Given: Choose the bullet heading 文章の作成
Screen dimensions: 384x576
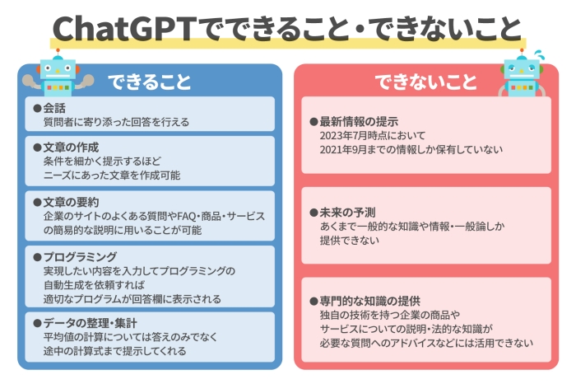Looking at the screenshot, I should pos(71,147).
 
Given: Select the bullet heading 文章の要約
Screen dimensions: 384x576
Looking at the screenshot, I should pos(71,202).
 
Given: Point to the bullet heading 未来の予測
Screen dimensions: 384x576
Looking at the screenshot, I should pos(346,211).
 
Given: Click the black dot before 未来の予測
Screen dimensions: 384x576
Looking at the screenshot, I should pos(314,211).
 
